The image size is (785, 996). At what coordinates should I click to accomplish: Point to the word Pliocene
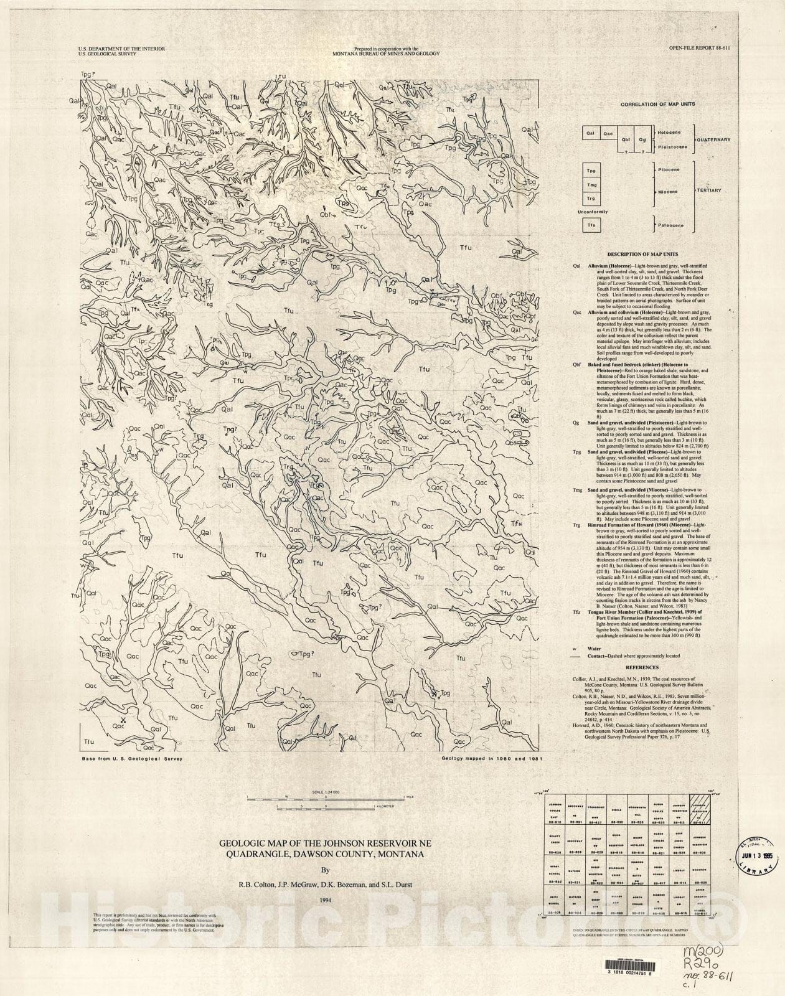pos(669,169)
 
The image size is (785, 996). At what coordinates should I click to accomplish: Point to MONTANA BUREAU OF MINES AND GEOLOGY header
pos(386,54)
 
